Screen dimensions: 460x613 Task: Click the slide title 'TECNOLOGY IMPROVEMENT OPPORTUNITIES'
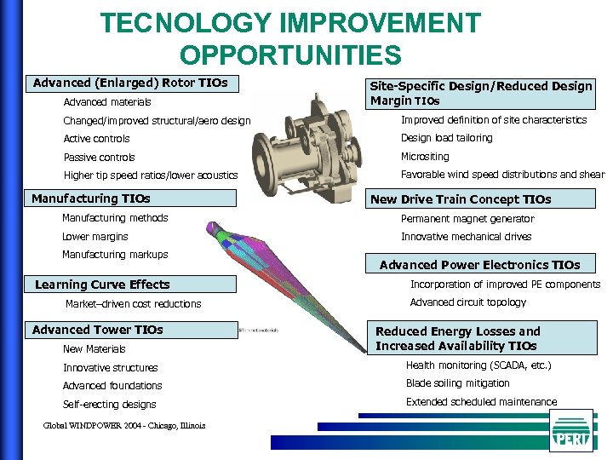click(x=290, y=38)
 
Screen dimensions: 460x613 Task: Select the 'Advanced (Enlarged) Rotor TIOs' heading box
click(x=131, y=83)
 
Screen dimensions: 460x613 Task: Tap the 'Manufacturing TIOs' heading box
click(x=131, y=198)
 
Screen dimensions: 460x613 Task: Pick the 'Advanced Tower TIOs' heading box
click(x=131, y=330)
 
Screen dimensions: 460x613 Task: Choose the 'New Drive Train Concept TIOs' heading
click(x=461, y=199)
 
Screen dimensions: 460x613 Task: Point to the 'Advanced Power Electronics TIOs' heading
click(x=479, y=265)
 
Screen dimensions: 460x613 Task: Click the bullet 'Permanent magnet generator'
click(x=467, y=219)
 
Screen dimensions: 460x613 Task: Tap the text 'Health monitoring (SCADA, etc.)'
click(x=478, y=365)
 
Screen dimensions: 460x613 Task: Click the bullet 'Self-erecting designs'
click(x=109, y=405)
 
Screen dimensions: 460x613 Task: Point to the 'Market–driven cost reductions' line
click(x=134, y=304)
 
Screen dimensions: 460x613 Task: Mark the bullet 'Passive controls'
click(x=99, y=158)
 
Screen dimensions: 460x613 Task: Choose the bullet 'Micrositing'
click(x=425, y=157)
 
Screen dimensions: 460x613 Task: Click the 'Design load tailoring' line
click(x=446, y=138)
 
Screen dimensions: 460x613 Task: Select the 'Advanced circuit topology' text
click(x=468, y=302)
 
